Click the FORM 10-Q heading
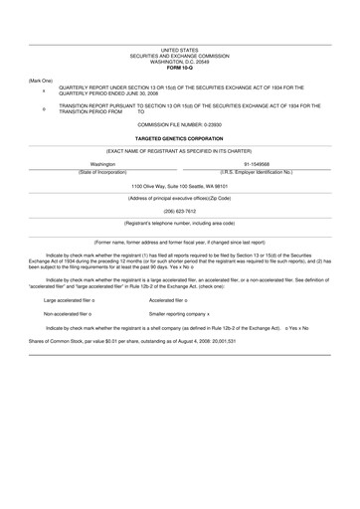point(179,67)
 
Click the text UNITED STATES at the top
point(179,49)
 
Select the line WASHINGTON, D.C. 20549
point(179,61)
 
